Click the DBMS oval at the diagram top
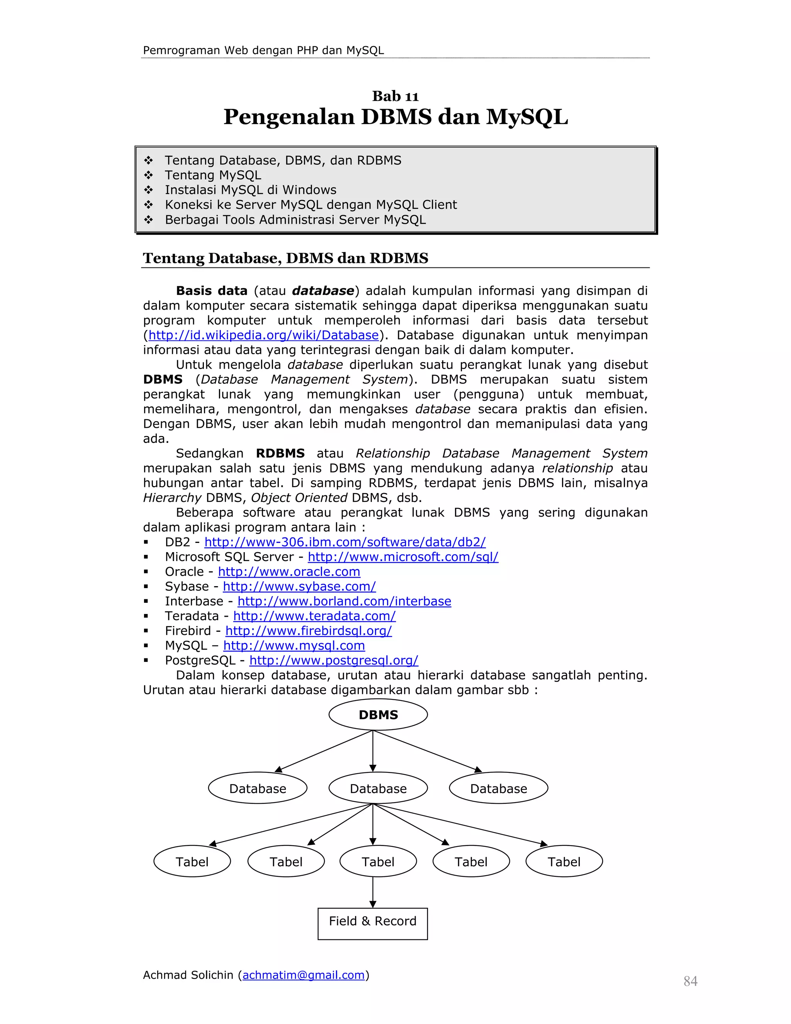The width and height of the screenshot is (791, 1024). click(x=378, y=714)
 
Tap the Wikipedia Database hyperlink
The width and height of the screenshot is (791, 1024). click(x=263, y=335)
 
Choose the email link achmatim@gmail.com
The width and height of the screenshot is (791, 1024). click(x=303, y=975)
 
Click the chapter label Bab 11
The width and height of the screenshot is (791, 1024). click(x=395, y=96)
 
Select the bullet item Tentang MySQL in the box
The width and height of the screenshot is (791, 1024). click(x=213, y=175)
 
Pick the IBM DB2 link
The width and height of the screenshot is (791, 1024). click(x=345, y=542)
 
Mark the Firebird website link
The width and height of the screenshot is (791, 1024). click(x=308, y=631)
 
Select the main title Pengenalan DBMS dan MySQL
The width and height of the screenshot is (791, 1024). click(x=395, y=117)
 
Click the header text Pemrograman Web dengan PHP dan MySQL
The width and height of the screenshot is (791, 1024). click(x=263, y=50)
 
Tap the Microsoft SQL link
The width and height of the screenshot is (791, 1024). click(x=402, y=557)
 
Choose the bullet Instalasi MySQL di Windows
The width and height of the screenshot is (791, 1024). click(x=250, y=190)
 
